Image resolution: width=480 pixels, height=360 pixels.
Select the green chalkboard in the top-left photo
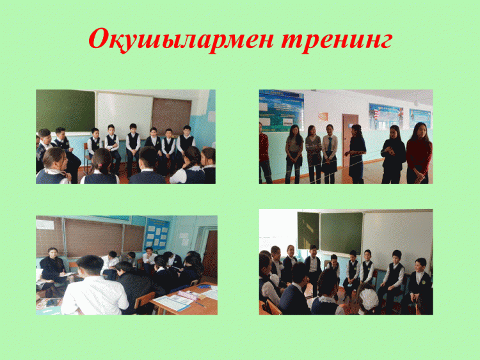(x=65, y=111)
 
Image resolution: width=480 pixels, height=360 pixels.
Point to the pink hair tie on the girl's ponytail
(x=99, y=165)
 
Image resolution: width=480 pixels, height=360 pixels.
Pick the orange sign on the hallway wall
(x=323, y=116)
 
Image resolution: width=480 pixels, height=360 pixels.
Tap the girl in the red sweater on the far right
(x=418, y=153)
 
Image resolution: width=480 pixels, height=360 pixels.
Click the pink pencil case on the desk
(x=188, y=295)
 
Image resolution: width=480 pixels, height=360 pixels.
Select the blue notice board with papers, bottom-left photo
(x=157, y=233)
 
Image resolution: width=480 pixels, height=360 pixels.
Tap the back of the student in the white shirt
(x=95, y=295)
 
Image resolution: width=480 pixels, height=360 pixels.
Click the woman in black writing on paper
(x=53, y=269)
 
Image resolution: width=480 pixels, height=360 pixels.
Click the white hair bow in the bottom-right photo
(x=369, y=298)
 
